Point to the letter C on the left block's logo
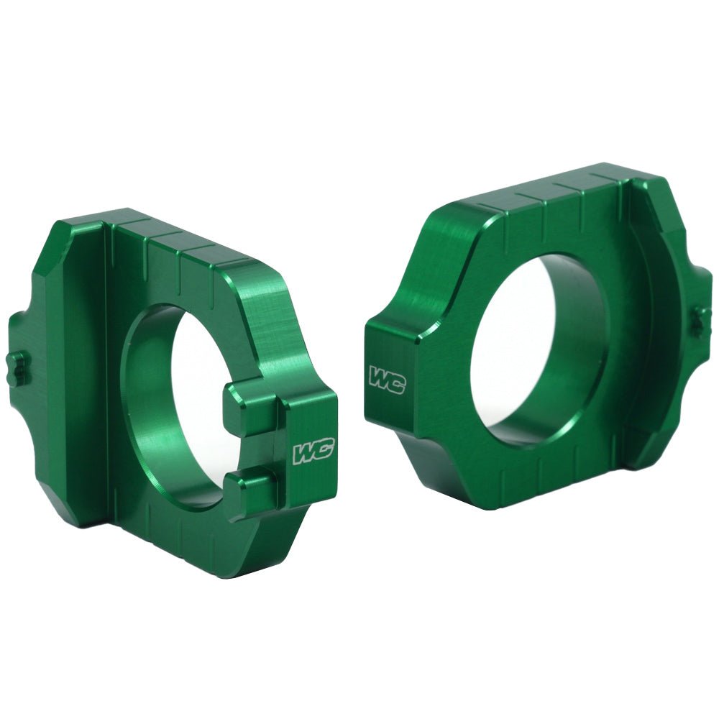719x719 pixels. pyautogui.click(x=323, y=451)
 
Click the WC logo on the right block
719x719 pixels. pyautogui.click(x=387, y=380)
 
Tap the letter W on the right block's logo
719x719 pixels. pyautogui.click(x=378, y=376)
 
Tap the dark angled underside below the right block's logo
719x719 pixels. pyautogui.click(x=403, y=446)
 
